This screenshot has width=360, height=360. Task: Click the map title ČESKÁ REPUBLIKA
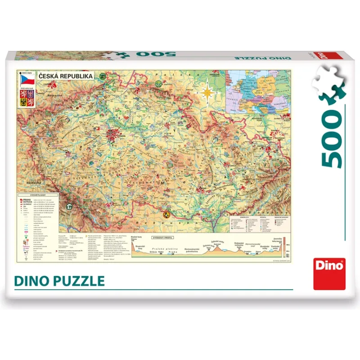pyautogui.click(x=66, y=76)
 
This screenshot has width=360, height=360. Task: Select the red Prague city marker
pyautogui.click(x=115, y=133)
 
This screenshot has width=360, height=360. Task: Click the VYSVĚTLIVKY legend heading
pyautogui.click(x=28, y=195)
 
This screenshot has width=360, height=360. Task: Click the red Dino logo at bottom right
pyautogui.click(x=330, y=273)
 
